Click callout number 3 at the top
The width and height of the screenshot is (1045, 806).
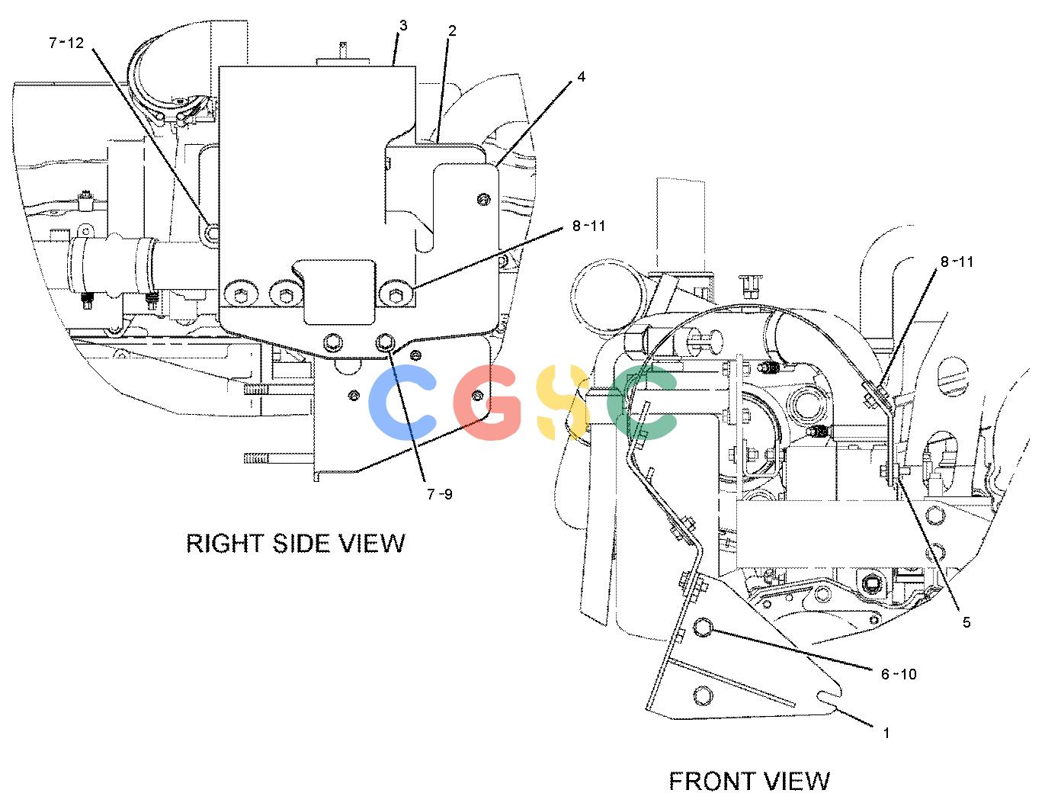pyautogui.click(x=403, y=25)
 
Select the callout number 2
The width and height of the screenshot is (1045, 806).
pyautogui.click(x=452, y=31)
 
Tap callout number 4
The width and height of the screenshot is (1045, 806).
pyautogui.click(x=581, y=76)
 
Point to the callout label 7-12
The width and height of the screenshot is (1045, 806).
pyautogui.click(x=66, y=43)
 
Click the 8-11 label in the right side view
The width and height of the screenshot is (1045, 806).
pyautogui.click(x=588, y=226)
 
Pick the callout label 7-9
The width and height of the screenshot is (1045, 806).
pyautogui.click(x=440, y=494)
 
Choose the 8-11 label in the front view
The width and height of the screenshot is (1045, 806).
pyautogui.click(x=957, y=262)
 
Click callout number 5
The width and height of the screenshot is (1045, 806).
pyautogui.click(x=966, y=622)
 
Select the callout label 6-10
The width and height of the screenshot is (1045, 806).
pyautogui.click(x=899, y=674)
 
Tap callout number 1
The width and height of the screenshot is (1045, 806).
pyautogui.click(x=886, y=733)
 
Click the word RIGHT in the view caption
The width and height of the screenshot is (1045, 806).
pyautogui.click(x=225, y=544)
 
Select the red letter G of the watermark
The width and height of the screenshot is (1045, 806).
pyautogui.click(x=487, y=402)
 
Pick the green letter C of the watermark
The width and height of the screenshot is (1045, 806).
pyautogui.click(x=640, y=402)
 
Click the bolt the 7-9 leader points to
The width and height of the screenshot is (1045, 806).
pyautogui.click(x=386, y=342)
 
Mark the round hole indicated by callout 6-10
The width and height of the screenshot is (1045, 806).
pyautogui.click(x=704, y=627)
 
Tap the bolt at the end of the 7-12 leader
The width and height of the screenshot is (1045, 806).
pyautogui.click(x=211, y=234)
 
